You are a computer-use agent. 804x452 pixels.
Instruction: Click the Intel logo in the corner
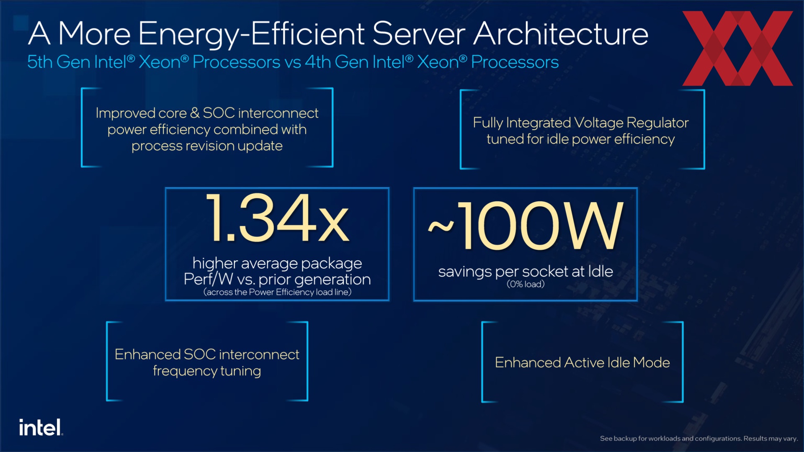[41, 427]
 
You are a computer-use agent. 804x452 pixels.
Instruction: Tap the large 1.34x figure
[278, 218]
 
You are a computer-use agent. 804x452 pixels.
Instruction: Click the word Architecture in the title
[561, 33]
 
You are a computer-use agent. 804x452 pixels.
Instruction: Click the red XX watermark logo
[737, 48]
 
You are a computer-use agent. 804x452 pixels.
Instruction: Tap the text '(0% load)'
[526, 284]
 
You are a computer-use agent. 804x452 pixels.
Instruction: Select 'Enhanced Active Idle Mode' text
[582, 362]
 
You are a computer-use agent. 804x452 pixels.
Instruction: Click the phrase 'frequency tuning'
[207, 371]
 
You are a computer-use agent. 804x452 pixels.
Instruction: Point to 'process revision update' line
[207, 146]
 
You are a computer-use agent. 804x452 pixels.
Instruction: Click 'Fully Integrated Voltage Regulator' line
[581, 123]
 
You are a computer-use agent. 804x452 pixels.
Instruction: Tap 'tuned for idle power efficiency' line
[581, 139]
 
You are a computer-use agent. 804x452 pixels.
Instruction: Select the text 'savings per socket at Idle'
[526, 272]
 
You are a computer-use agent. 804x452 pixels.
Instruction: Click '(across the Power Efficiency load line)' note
[277, 292]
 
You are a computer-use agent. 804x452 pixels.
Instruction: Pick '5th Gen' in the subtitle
[59, 62]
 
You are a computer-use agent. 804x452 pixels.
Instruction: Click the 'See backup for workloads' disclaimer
[699, 439]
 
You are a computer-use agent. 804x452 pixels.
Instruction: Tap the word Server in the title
[419, 33]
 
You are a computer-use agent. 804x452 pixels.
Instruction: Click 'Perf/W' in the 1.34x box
[208, 279]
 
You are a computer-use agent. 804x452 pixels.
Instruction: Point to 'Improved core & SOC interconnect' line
[207, 113]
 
